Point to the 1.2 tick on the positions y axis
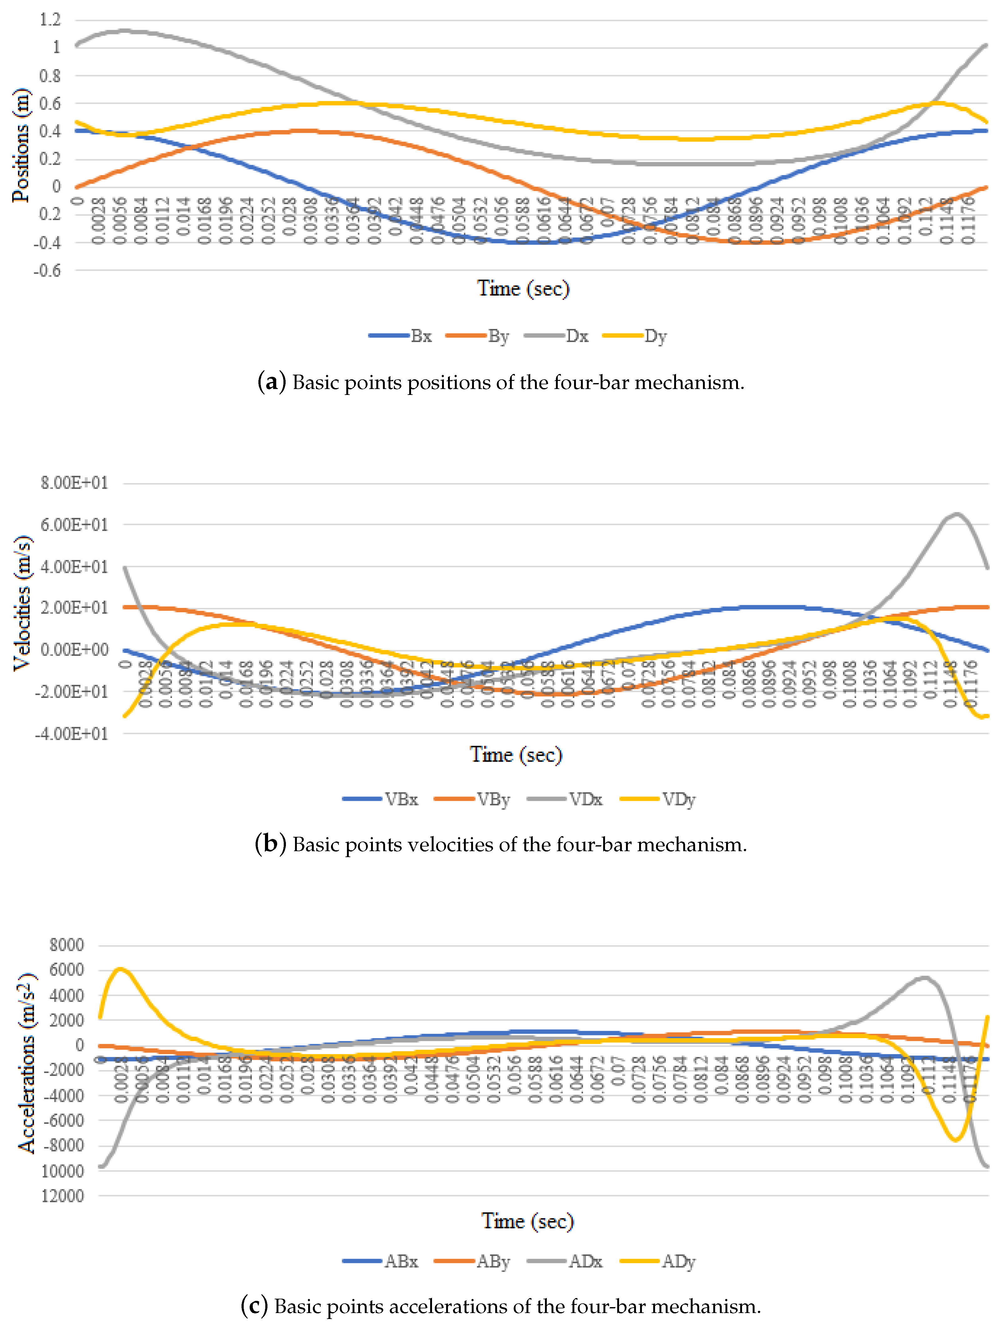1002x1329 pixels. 50,20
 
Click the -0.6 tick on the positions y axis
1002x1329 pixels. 47,270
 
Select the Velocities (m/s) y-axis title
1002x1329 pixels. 22,603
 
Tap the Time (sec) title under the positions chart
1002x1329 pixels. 523,288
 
